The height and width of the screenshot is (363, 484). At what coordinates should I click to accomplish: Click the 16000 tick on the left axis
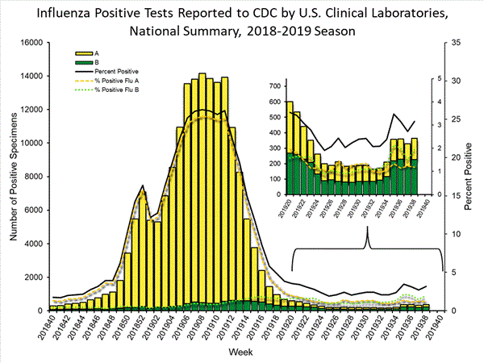pyautogui.click(x=29, y=42)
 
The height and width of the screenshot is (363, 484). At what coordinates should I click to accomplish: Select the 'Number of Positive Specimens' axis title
pyautogui.click(x=11, y=176)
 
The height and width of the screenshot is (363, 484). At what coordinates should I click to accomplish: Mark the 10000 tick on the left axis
pyautogui.click(x=29, y=143)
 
